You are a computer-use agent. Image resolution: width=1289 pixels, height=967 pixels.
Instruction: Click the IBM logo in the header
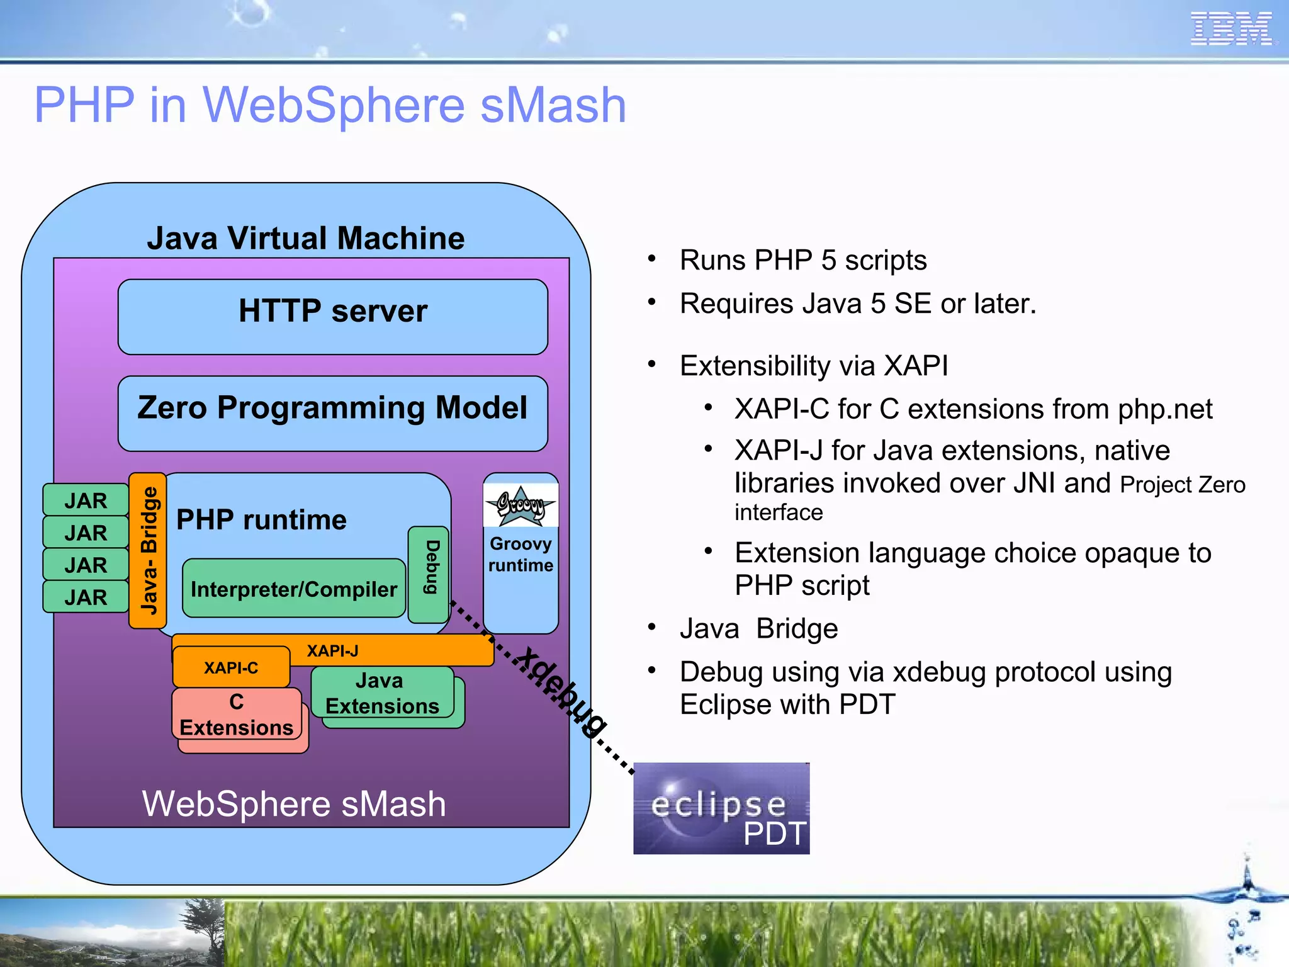(x=1232, y=29)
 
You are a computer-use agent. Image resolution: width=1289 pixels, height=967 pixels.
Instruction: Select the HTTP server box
(x=333, y=317)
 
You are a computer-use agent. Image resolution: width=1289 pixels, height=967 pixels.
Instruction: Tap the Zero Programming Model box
(x=333, y=413)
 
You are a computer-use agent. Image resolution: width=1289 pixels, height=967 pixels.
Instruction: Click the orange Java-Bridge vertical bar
(x=148, y=551)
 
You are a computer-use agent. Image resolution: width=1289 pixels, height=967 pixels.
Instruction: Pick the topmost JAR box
(x=86, y=500)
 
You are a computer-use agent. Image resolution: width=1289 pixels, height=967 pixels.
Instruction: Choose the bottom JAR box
(x=86, y=597)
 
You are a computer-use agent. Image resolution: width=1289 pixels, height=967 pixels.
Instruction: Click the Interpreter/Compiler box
(x=294, y=589)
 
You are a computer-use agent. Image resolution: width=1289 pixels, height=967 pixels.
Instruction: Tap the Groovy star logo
(x=521, y=505)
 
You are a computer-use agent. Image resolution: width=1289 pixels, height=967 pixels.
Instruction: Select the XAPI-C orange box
(x=231, y=667)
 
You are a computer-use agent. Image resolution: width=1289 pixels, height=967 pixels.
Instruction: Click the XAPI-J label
(x=332, y=651)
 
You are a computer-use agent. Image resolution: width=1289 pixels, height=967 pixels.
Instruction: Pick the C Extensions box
(x=237, y=715)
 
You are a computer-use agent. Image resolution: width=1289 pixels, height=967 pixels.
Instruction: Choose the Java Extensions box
(x=382, y=693)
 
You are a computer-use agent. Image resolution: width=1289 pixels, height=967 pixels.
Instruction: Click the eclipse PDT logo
(x=721, y=809)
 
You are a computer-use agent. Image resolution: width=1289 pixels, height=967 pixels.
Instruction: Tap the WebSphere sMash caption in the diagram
(x=294, y=804)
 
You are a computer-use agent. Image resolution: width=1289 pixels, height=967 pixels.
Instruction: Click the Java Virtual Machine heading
(x=306, y=239)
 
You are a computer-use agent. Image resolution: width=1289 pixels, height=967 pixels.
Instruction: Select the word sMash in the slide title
(x=553, y=105)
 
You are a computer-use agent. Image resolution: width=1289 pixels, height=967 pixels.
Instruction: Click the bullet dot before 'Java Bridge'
(x=652, y=627)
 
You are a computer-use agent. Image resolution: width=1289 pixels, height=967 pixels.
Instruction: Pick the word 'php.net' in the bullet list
(x=1164, y=409)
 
